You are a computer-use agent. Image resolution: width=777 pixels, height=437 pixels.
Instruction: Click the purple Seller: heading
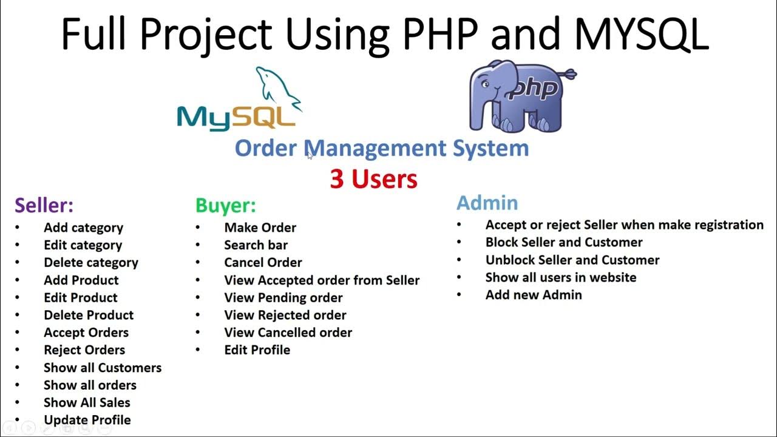point(44,205)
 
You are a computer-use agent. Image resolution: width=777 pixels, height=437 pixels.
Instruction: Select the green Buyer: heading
point(226,205)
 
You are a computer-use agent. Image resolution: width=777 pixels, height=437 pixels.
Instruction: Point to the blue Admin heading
point(487,202)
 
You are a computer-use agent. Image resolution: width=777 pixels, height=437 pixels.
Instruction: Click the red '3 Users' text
point(373,179)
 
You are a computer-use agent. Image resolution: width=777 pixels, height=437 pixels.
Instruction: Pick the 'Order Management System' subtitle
point(381,148)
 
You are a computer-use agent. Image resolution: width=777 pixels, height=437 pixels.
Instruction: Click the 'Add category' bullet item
point(83,228)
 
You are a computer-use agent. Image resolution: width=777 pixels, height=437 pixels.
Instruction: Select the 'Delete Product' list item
point(89,315)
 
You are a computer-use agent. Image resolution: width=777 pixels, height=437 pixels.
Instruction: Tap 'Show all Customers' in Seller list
point(103,368)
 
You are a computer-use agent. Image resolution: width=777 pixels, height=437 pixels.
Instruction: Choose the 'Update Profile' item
point(87,420)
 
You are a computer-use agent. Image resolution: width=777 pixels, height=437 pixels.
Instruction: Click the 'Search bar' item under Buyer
point(256,245)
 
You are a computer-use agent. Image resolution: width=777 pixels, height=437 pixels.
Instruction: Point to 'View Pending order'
point(283,297)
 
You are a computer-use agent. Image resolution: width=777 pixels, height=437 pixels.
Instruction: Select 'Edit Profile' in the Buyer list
point(257,350)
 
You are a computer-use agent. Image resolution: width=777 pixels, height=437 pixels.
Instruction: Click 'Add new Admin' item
point(534,295)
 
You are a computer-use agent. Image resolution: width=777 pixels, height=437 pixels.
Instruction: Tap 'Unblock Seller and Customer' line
point(572,260)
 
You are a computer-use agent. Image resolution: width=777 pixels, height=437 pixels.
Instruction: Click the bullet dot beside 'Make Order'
point(198,228)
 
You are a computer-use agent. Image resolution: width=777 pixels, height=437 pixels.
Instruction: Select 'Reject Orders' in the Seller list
point(84,350)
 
